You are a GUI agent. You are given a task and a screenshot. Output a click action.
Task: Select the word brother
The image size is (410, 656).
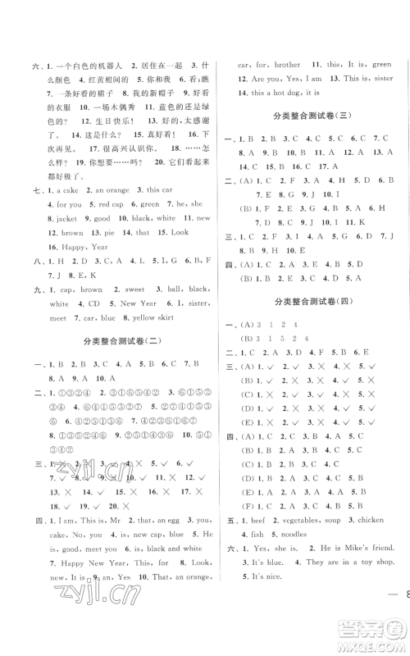[290, 62]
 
